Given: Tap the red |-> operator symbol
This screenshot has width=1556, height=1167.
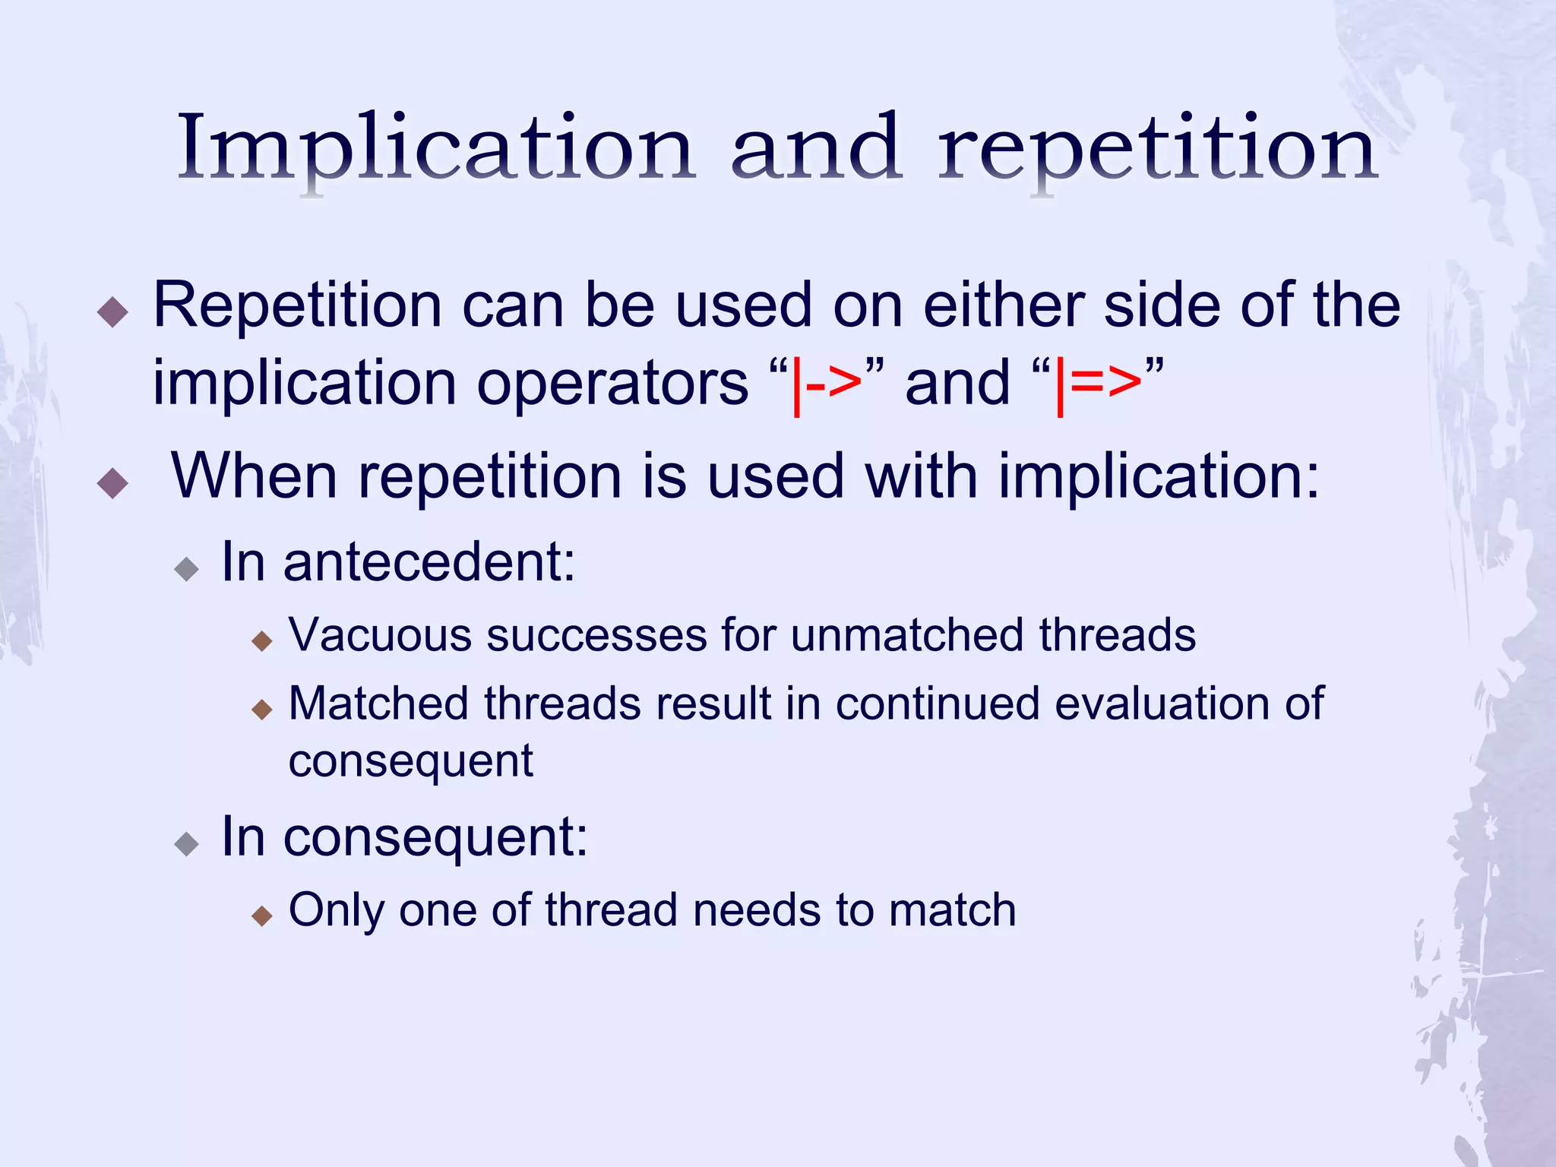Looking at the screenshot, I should coord(827,384).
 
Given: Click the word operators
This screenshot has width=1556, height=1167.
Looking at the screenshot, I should coord(612,384).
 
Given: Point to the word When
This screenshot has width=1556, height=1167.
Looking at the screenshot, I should coord(254,477).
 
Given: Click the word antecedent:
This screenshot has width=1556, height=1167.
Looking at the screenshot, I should coord(429,563).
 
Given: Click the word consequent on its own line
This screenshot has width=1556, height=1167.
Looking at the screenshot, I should coord(410,761).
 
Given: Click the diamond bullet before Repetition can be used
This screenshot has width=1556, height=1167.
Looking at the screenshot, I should coord(113,312).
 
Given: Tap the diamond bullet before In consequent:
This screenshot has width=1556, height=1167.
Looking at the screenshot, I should coord(186,844).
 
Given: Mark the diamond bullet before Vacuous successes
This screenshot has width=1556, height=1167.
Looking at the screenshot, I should coord(261,641).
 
